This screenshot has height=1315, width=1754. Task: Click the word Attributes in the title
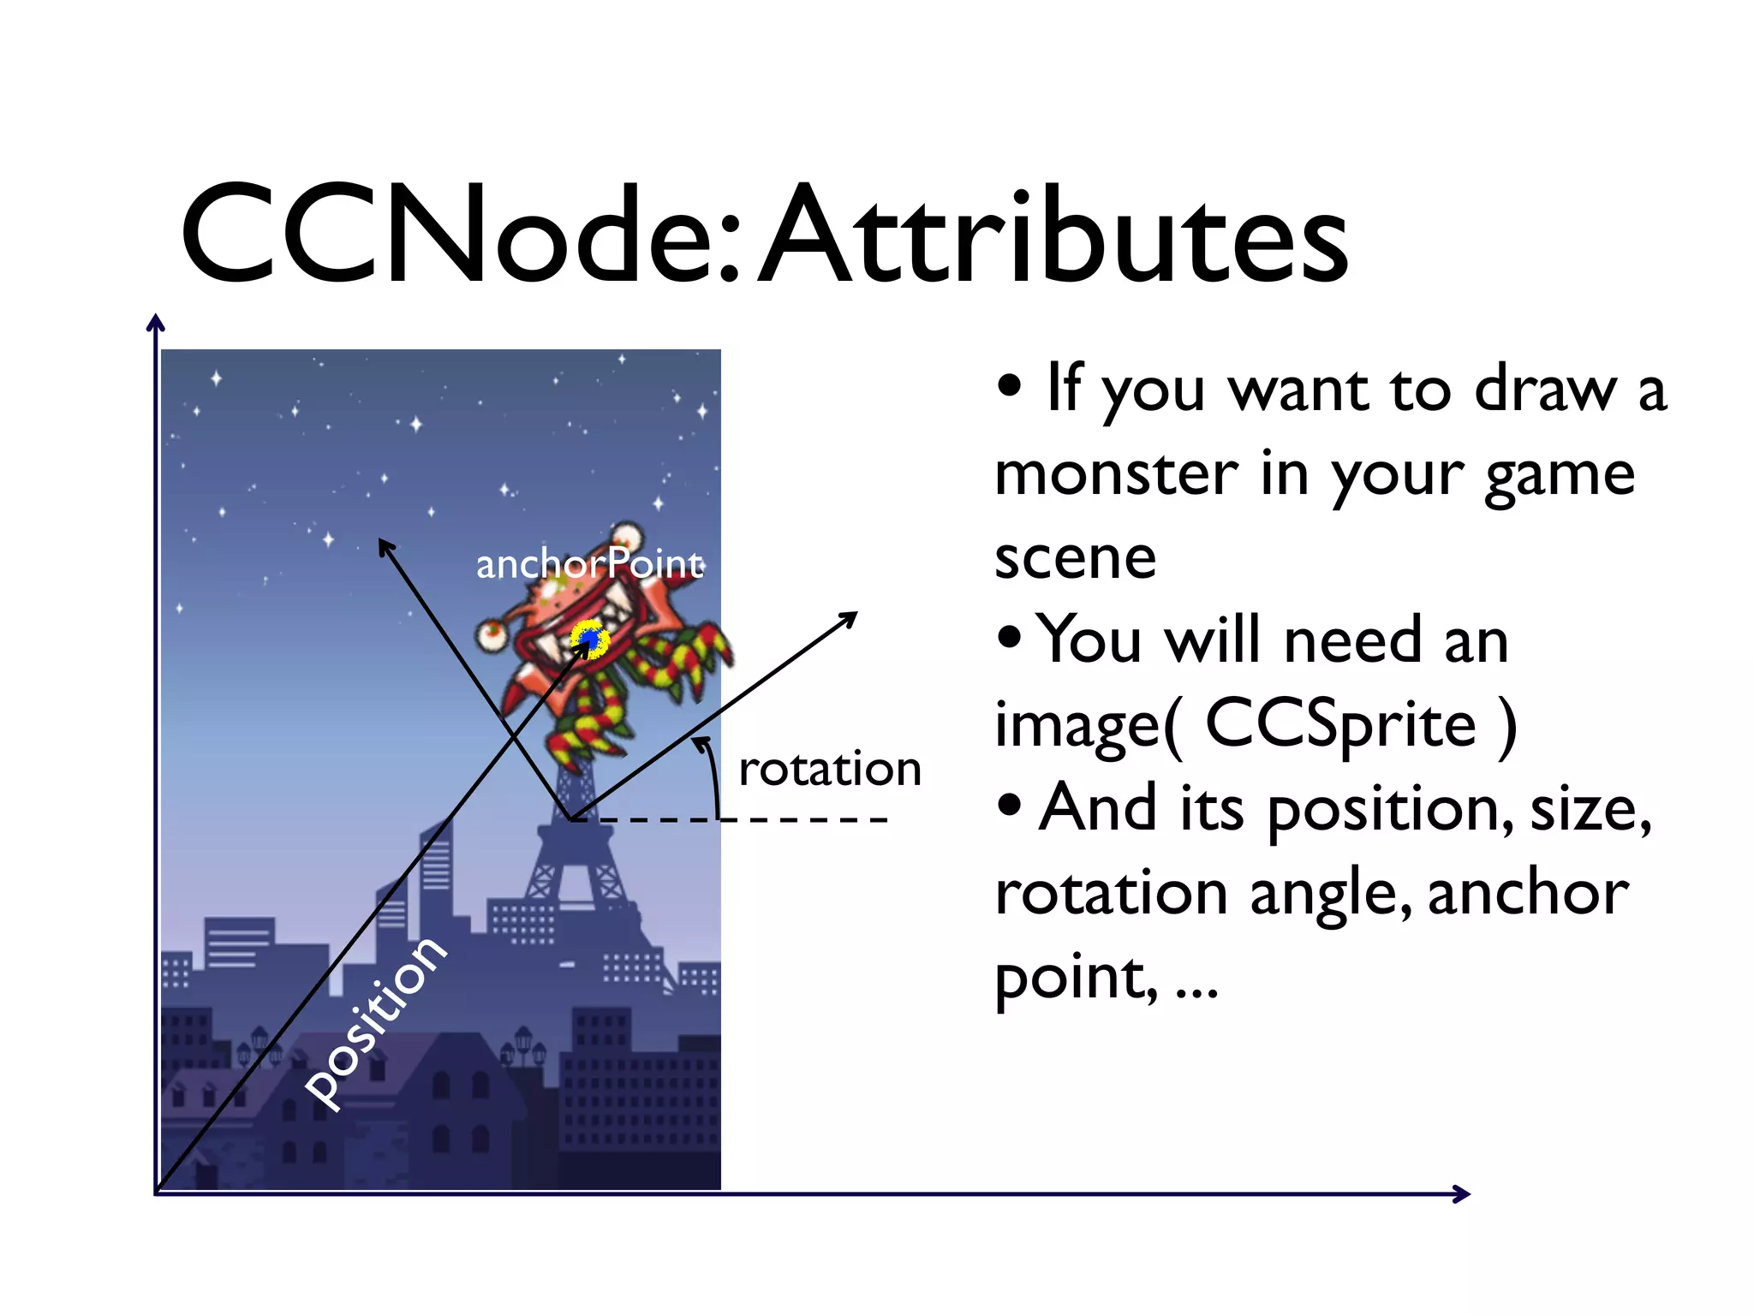(x=1053, y=235)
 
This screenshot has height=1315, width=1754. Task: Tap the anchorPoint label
(x=589, y=564)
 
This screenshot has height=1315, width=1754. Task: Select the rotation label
(x=829, y=769)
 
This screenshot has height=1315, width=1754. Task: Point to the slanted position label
(x=377, y=1023)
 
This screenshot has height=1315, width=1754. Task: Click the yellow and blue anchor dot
(x=589, y=639)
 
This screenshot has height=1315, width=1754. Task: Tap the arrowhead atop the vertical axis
(x=155, y=323)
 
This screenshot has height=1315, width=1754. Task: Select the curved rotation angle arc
(x=712, y=775)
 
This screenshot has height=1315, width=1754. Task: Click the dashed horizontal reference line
(x=771, y=819)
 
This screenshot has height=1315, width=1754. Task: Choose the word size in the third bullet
(x=1590, y=809)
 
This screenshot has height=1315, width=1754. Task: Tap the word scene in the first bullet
(x=1075, y=557)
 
